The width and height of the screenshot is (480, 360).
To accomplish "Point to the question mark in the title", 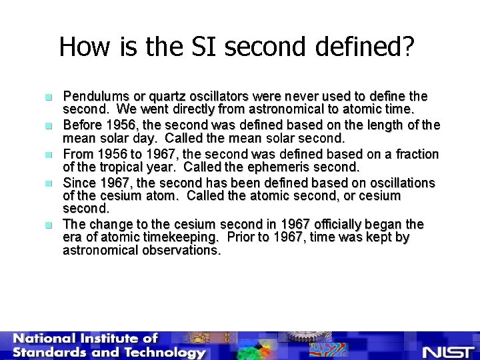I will (x=407, y=47).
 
